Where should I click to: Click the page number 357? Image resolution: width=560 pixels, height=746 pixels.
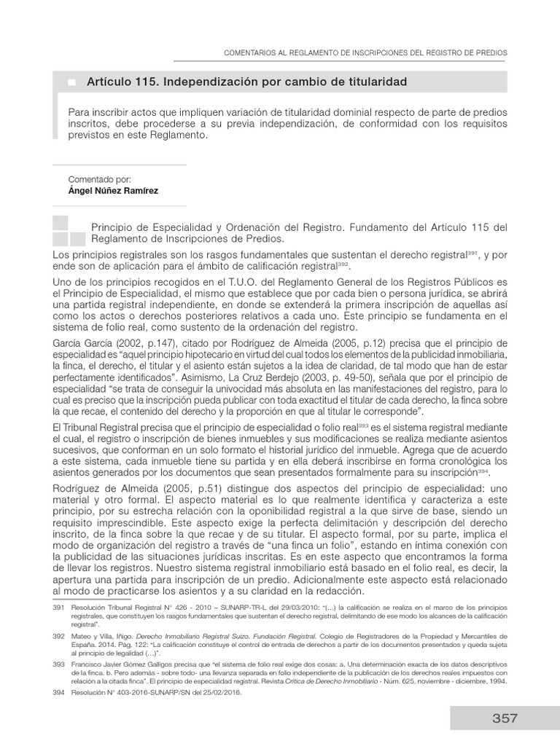pyautogui.click(x=504, y=718)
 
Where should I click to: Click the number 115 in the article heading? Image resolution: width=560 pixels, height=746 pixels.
pyautogui.click(x=147, y=82)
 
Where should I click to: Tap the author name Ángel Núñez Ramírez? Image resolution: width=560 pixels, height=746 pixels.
pyautogui.click(x=113, y=192)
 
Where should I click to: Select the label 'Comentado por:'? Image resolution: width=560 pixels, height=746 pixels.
pyautogui.click(x=99, y=179)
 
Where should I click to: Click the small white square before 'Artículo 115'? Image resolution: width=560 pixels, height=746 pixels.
pyautogui.click(x=71, y=83)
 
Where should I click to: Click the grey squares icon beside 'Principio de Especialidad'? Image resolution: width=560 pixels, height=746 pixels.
pyautogui.click(x=69, y=230)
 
